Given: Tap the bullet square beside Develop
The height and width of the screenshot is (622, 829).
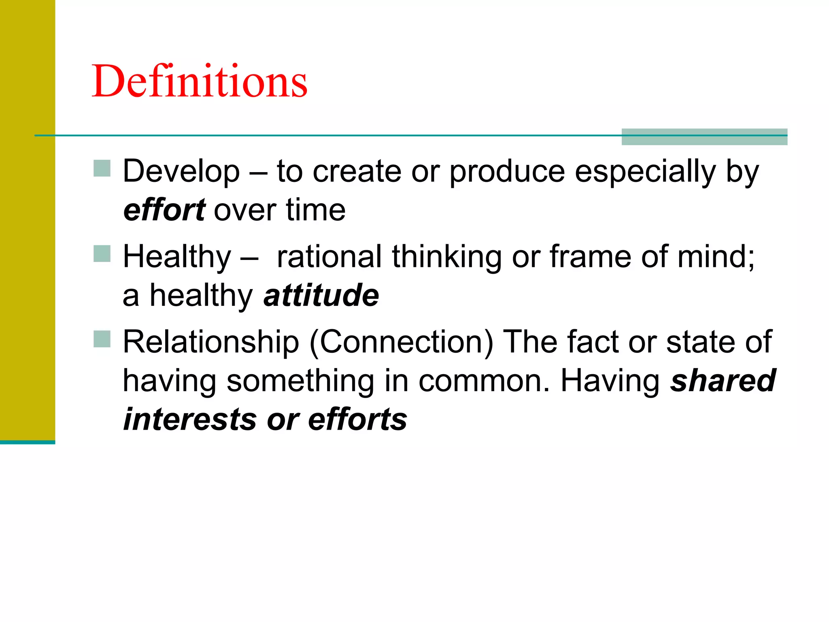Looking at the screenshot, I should click(102, 168).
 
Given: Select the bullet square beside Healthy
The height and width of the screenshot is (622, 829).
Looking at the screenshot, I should click(102, 254).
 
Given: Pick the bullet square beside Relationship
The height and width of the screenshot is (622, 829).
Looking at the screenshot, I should click(102, 339).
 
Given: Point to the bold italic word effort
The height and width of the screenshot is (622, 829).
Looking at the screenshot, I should click(164, 210).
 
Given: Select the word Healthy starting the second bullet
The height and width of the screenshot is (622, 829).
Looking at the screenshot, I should click(177, 257).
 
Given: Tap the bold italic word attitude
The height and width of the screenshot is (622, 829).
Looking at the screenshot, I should click(321, 295).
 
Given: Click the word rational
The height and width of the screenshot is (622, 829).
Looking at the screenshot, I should click(329, 257).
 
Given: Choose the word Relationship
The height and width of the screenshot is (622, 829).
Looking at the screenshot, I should click(211, 343).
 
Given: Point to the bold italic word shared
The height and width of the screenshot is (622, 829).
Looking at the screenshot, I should click(723, 381).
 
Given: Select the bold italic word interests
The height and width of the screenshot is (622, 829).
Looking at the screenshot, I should click(190, 420).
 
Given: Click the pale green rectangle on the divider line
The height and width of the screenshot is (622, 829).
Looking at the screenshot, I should click(704, 137).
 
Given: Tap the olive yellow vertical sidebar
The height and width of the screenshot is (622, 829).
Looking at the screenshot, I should click(27, 219).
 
